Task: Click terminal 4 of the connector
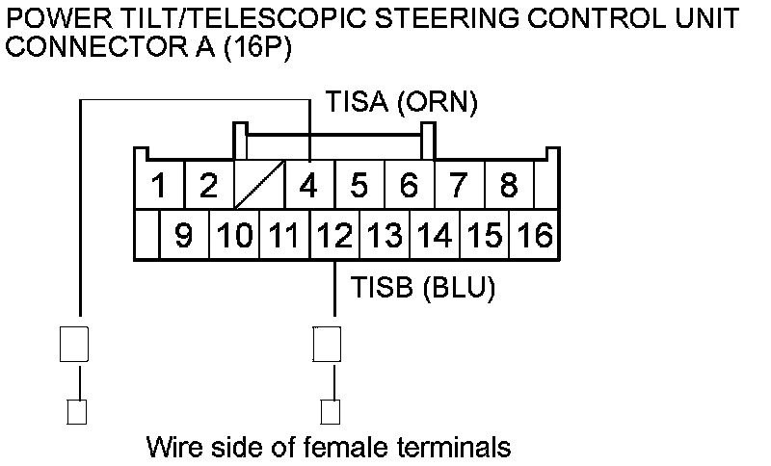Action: click(308, 185)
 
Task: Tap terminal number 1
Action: click(159, 185)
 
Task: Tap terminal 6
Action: click(409, 185)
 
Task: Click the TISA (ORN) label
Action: click(401, 103)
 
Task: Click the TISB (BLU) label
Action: click(424, 288)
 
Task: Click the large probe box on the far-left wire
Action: click(75, 344)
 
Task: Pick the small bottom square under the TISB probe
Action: click(330, 412)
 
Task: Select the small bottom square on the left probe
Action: click(75, 412)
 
